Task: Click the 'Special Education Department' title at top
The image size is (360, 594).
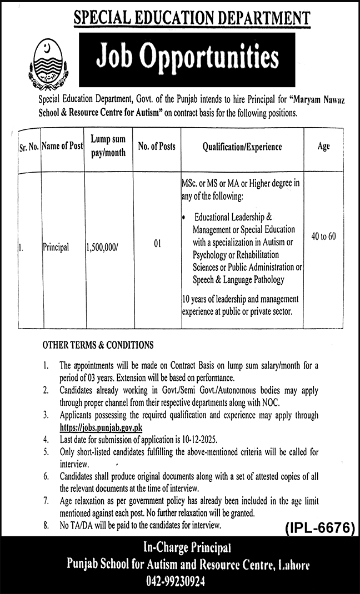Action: tap(192, 17)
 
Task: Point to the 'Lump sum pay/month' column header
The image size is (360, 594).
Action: tap(108, 147)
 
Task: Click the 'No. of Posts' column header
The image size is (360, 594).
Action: tap(157, 147)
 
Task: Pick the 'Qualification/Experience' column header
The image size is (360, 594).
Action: tap(242, 147)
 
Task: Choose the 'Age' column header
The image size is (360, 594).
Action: tap(324, 147)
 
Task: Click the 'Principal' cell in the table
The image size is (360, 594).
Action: tap(56, 248)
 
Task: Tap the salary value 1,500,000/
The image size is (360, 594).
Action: tap(102, 248)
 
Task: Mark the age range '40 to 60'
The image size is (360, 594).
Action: tap(324, 236)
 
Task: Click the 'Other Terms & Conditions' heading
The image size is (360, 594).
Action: tap(98, 345)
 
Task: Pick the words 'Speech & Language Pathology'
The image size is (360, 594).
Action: tap(238, 280)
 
